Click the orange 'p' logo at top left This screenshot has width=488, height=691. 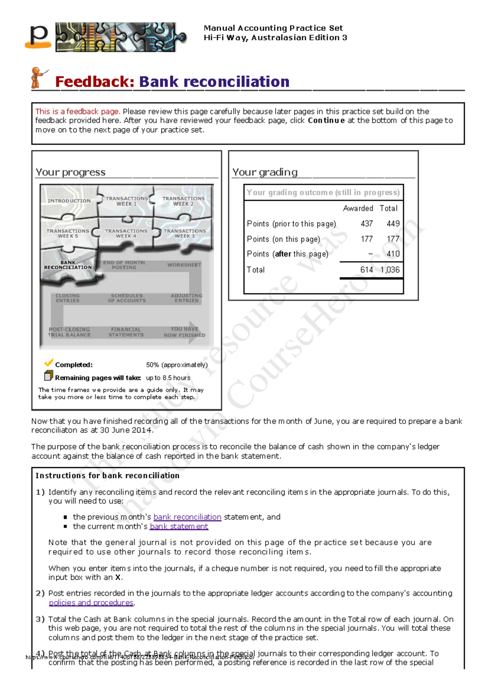[39, 36]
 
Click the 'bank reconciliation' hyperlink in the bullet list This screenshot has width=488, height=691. [187, 517]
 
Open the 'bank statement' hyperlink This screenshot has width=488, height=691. [179, 526]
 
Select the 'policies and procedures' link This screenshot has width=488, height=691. [91, 602]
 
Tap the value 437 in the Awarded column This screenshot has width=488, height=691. [366, 224]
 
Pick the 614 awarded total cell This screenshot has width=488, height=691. [366, 270]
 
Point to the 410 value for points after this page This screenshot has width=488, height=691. [393, 254]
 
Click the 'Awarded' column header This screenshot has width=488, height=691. [358, 208]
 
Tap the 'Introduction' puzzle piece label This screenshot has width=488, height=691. [69, 201]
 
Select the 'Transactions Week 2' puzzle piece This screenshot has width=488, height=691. [183, 201]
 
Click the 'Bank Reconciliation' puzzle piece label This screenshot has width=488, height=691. [68, 265]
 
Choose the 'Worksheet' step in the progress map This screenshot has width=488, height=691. [184, 265]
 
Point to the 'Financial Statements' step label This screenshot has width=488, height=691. [126, 332]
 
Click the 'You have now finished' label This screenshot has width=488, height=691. [184, 332]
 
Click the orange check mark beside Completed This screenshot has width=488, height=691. [49, 363]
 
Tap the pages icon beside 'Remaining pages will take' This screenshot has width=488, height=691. [48, 376]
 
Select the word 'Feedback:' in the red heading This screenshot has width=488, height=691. [95, 82]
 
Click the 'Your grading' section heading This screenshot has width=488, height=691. [265, 172]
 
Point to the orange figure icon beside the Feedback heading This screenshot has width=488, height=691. [37, 78]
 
